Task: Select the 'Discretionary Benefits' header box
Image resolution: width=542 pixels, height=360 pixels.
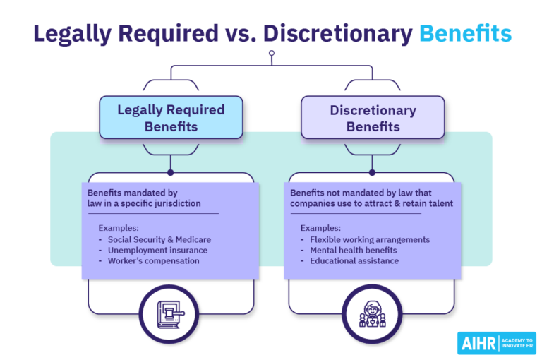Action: (373, 118)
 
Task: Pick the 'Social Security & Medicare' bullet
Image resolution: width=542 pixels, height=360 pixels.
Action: (159, 239)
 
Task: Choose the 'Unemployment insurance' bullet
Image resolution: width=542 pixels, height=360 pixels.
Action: (157, 250)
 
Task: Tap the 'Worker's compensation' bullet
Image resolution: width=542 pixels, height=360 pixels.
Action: (154, 260)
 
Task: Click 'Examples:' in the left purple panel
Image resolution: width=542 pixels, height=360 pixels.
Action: (119, 228)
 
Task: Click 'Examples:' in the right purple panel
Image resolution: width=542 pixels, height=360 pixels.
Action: (321, 228)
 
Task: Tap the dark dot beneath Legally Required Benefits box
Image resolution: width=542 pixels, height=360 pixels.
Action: (170, 172)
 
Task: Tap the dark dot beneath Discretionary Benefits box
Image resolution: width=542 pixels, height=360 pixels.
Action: (373, 172)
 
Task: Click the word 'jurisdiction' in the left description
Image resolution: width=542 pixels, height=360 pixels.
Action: (176, 203)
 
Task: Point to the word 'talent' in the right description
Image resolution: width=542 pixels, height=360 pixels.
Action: (438, 203)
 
